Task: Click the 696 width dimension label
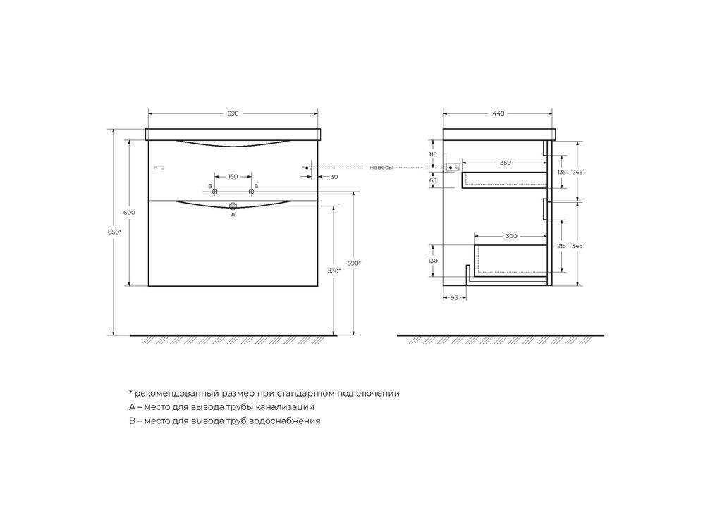(x=233, y=113)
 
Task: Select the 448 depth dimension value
(x=498, y=113)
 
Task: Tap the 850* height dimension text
(x=115, y=232)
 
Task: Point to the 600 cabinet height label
(x=130, y=213)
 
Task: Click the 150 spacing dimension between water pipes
(x=233, y=177)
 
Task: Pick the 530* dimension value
(x=334, y=271)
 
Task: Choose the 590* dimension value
(x=354, y=263)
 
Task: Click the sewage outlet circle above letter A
(x=233, y=206)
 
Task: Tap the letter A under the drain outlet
(x=233, y=214)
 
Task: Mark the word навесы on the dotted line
(x=381, y=168)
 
